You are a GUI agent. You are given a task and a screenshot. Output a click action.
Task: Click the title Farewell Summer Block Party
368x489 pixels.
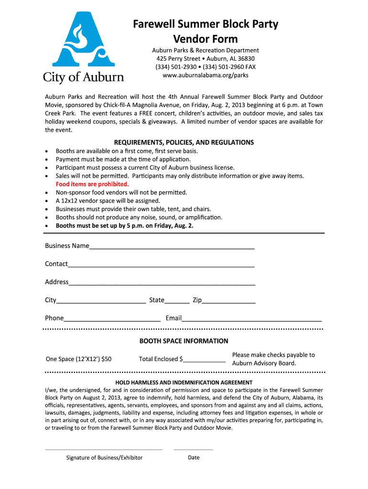click(x=205, y=24)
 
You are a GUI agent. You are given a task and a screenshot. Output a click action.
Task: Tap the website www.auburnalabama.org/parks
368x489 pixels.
click(x=206, y=75)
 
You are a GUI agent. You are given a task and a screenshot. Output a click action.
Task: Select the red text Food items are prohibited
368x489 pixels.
click(x=92, y=184)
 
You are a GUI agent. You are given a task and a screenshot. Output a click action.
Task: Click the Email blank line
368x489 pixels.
click(x=251, y=319)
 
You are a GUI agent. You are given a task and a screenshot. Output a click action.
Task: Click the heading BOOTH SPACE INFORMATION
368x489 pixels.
click(x=184, y=341)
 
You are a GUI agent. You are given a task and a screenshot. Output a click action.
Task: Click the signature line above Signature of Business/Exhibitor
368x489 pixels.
click(x=103, y=449)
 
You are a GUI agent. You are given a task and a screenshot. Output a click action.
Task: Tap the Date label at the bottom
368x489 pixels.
click(x=194, y=457)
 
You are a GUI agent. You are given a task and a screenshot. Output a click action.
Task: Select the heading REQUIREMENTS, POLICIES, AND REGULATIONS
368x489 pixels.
click(x=184, y=142)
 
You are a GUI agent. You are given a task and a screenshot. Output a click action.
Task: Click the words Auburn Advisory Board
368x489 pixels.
click(x=264, y=363)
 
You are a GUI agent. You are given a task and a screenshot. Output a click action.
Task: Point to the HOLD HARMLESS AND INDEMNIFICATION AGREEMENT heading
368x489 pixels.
click(x=184, y=383)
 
